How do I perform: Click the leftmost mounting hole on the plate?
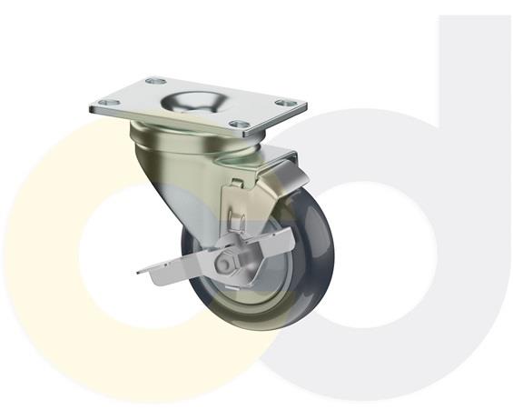point(106,104)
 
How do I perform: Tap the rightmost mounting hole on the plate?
point(286,104)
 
